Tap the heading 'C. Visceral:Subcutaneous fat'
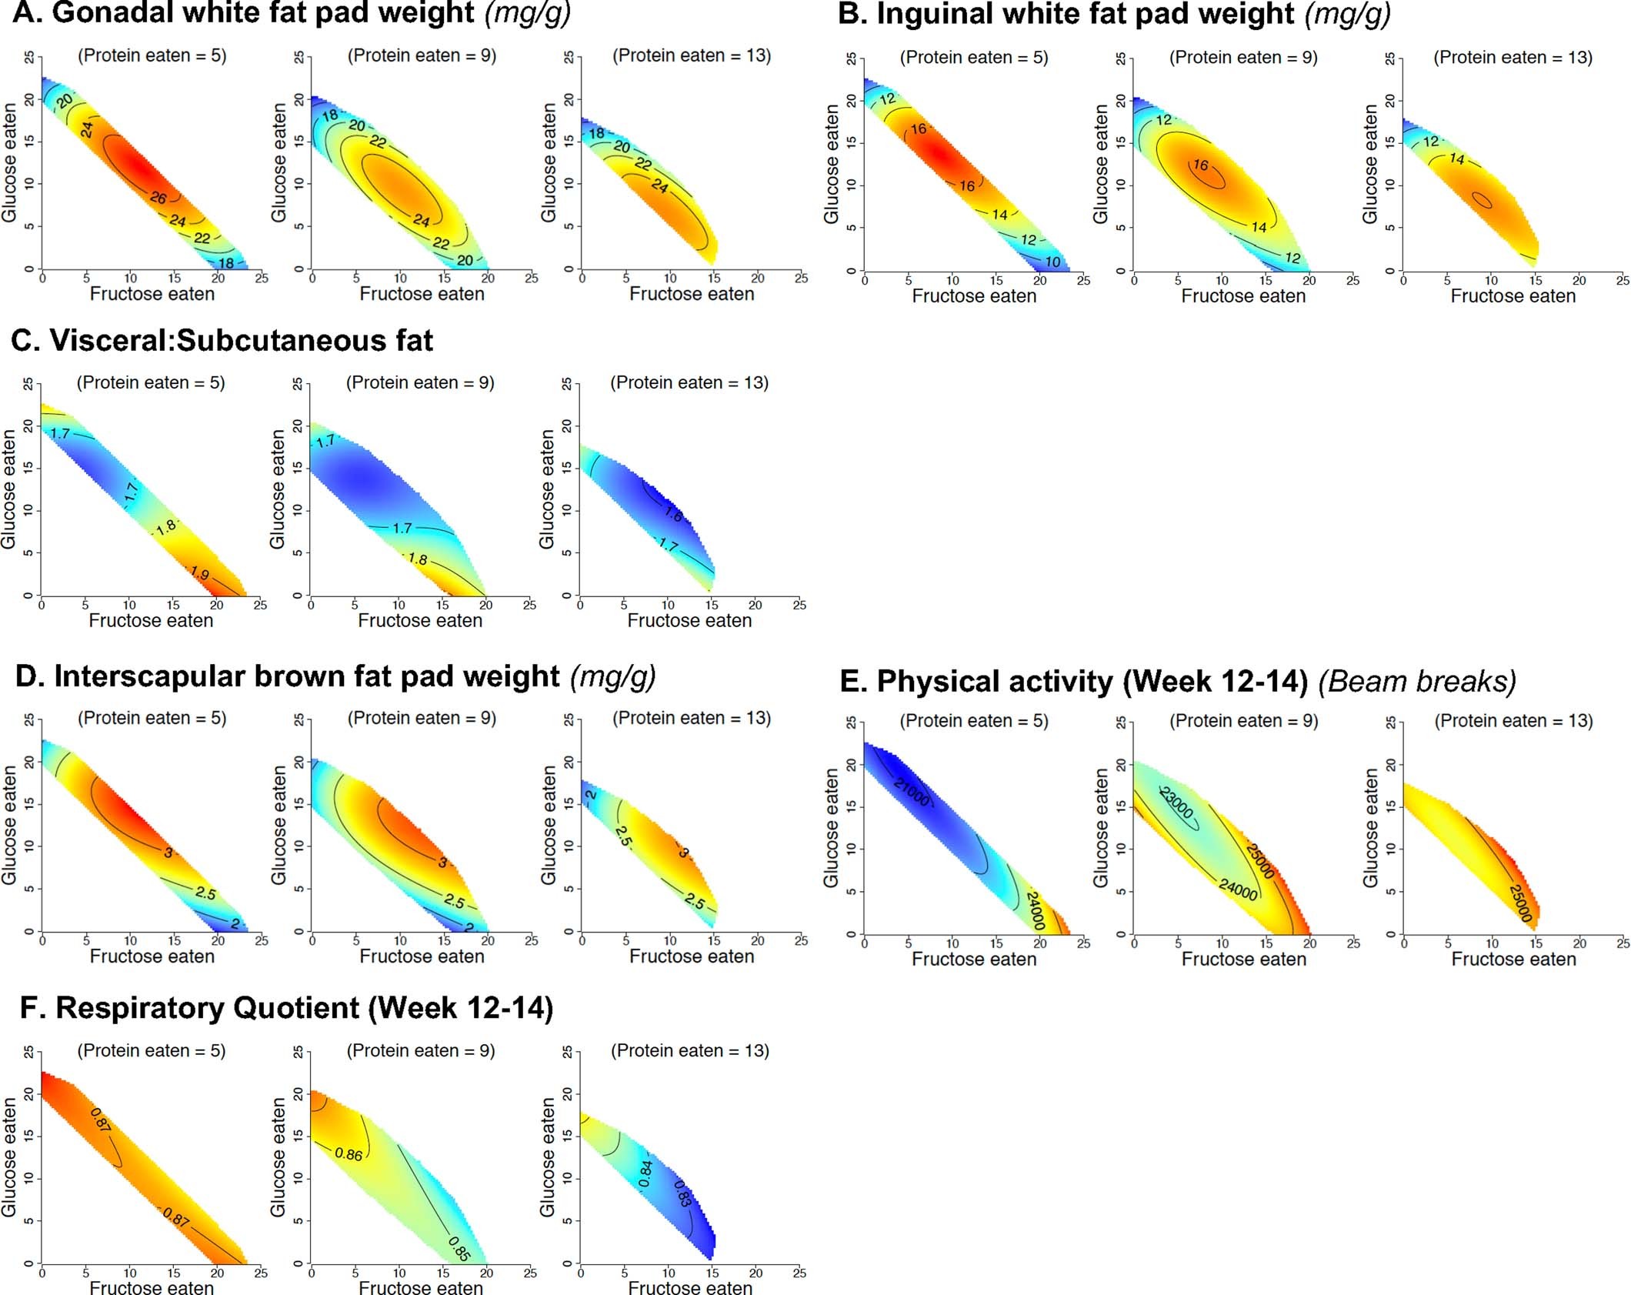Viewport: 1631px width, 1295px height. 222,340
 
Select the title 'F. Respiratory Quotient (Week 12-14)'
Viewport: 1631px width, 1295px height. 286,1008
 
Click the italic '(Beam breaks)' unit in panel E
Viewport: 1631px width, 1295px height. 1417,682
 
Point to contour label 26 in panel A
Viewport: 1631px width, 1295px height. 158,198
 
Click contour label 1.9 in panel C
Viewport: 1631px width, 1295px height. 199,573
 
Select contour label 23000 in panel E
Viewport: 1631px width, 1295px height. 1176,803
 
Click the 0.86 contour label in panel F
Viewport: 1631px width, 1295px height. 349,1155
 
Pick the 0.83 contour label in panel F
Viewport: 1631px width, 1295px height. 682,1193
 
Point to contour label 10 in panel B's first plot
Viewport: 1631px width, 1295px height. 1052,262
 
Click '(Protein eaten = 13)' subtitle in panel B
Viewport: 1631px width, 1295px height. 1513,58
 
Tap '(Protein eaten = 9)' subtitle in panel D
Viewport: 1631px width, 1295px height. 422,718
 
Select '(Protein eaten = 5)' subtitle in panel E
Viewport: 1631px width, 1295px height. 974,721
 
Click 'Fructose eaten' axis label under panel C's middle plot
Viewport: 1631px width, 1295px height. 420,621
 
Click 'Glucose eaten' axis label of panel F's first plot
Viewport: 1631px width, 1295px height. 8,1157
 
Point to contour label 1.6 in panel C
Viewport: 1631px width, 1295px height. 673,515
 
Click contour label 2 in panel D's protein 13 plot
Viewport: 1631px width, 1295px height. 590,794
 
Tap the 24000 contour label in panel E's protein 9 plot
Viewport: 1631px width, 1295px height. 1238,889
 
